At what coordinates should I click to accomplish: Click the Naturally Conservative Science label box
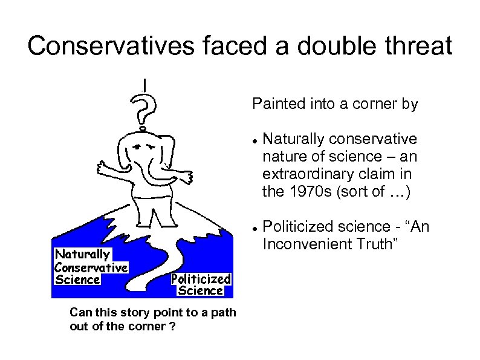pyautogui.click(x=91, y=267)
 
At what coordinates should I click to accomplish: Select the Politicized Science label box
pyautogui.click(x=200, y=284)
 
